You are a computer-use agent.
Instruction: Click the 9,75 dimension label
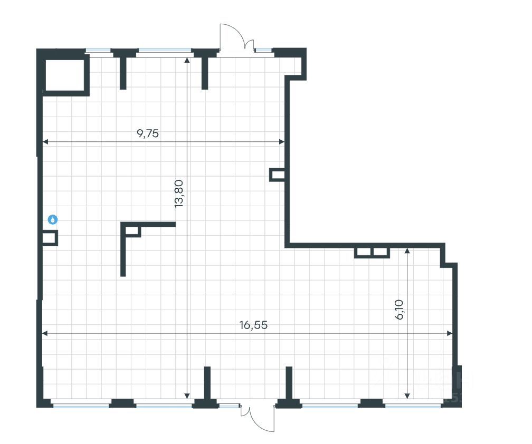tap(148, 133)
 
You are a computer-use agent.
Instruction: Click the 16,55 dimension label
tap(253, 325)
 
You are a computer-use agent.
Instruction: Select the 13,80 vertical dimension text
tap(179, 194)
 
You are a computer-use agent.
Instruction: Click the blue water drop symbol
tap(52, 219)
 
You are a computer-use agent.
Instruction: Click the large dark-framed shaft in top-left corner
tap(65, 74)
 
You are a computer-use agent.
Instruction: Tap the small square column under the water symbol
tap(50, 238)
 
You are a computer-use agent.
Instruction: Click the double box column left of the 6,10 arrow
tap(372, 253)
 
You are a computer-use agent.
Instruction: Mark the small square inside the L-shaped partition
tap(132, 230)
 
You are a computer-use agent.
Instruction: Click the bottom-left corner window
tap(81, 405)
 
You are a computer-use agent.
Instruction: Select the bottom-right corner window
tap(412, 405)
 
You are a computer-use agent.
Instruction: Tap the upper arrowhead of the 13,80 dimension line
tap(187, 59)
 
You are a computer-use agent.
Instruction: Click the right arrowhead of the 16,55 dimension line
tap(450, 333)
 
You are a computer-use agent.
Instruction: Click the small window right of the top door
tap(263, 51)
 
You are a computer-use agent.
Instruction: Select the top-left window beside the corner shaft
tap(99, 51)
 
